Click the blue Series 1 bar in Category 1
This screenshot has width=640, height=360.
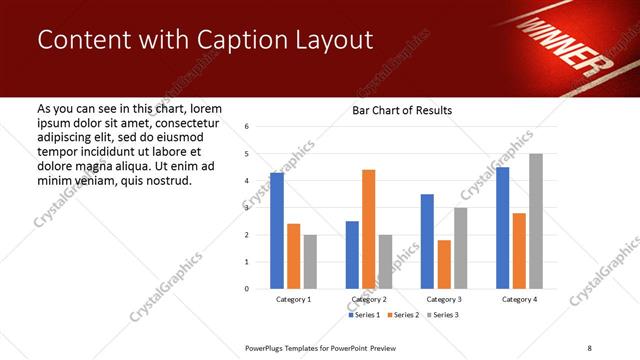277,231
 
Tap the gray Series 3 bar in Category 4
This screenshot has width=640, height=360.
536,221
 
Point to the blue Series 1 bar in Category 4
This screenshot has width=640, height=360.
502,228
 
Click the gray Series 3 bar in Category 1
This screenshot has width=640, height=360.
310,262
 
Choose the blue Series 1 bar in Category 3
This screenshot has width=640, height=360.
427,241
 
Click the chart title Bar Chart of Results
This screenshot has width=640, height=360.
402,110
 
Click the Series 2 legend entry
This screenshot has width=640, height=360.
403,315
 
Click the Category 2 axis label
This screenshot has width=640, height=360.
368,299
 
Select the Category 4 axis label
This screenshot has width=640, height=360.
519,299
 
